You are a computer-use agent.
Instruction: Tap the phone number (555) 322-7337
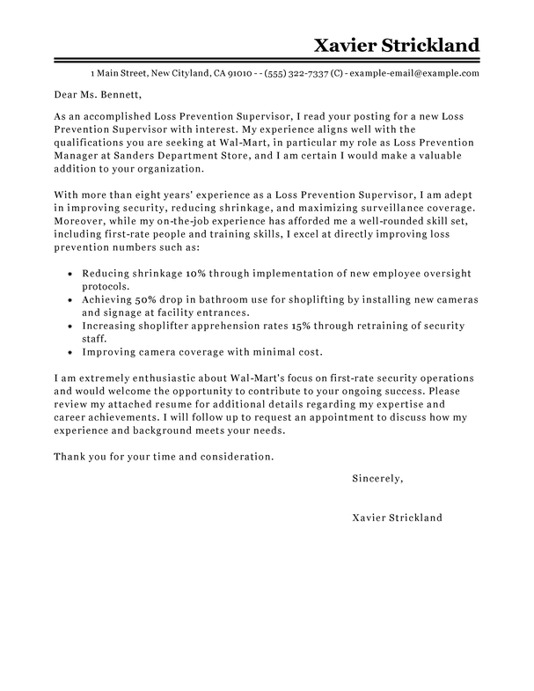click(x=310, y=72)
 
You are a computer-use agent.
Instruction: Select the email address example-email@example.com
click(x=416, y=72)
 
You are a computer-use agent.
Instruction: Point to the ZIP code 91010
click(x=240, y=72)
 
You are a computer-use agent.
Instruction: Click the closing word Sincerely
click(x=377, y=479)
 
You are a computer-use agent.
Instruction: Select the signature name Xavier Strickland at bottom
click(x=397, y=518)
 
